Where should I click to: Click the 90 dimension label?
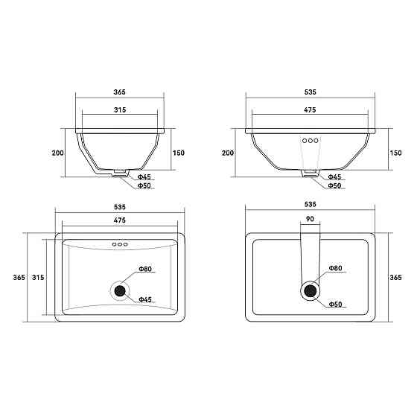(310, 219)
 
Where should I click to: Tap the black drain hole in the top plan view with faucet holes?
(120, 291)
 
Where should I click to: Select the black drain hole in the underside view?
(310, 290)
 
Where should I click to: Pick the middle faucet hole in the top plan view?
(120, 244)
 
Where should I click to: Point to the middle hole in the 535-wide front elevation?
(310, 141)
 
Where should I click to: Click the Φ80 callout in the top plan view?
(145, 269)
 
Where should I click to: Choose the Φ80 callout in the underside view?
(335, 268)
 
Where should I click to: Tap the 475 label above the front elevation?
(310, 110)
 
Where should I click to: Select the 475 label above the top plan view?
(120, 220)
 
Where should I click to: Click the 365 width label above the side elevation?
(119, 92)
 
